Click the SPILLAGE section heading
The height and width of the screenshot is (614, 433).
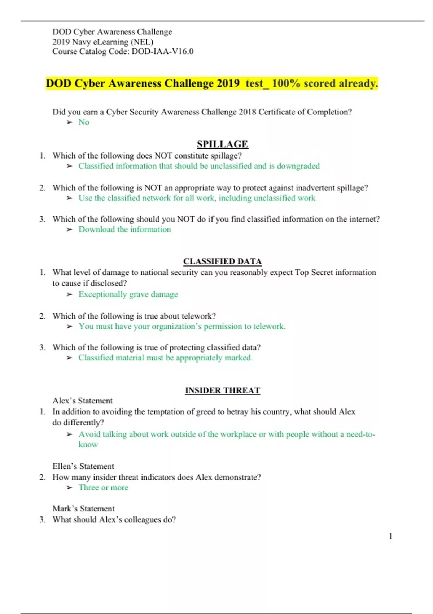[x=222, y=144]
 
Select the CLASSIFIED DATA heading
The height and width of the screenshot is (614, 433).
[x=222, y=261]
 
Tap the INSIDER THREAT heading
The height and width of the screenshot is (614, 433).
[x=222, y=390]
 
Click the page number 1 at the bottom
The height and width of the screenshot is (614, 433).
[x=390, y=536]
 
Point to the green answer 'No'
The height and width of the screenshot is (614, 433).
[x=84, y=122]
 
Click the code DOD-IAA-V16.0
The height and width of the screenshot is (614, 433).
[x=162, y=51]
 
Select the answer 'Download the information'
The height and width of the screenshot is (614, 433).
[x=125, y=229]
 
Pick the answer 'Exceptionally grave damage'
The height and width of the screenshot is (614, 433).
[x=128, y=294]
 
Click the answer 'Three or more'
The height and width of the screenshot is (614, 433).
[x=104, y=488]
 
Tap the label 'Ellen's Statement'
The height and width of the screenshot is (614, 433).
[x=83, y=466]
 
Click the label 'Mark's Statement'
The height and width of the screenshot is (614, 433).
[x=83, y=509]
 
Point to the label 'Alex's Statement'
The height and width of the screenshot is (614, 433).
[x=83, y=401]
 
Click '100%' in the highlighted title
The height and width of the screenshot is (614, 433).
[x=286, y=83]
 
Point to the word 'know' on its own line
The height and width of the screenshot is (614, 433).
[x=88, y=445]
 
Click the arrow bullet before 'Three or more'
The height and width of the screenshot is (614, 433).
[x=70, y=488]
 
